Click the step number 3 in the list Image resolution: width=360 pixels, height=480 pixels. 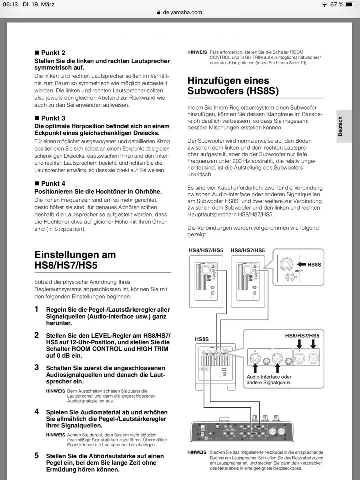tap(36, 367)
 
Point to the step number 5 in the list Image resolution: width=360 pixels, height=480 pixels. tap(36, 456)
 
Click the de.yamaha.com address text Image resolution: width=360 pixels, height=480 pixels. tap(182, 12)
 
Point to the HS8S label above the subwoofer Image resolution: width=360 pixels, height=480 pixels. tap(201, 339)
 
